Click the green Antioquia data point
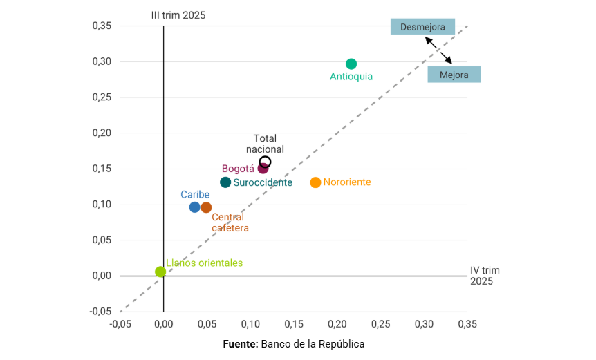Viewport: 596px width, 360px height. pyautogui.click(x=351, y=64)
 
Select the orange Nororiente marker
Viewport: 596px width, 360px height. pyautogui.click(x=316, y=182)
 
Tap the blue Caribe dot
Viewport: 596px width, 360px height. pyautogui.click(x=195, y=207)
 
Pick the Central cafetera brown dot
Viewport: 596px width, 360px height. pyautogui.click(x=206, y=207)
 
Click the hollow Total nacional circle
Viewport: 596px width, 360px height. pyautogui.click(x=265, y=162)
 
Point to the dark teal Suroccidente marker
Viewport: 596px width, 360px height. pyautogui.click(x=225, y=182)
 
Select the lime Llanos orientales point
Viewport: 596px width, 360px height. pyautogui.click(x=160, y=272)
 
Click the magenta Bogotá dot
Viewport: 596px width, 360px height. pyautogui.click(x=263, y=169)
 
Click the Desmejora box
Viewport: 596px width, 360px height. pyautogui.click(x=422, y=27)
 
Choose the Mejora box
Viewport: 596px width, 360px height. pyautogui.click(x=454, y=75)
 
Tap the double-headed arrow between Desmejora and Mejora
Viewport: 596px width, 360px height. pyautogui.click(x=438, y=50)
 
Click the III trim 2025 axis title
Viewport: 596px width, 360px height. pyautogui.click(x=178, y=15)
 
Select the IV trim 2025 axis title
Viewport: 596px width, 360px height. pyautogui.click(x=485, y=276)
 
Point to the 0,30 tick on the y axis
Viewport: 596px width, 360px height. pyautogui.click(x=102, y=61)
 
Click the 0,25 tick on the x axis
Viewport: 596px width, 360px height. pyautogui.click(x=380, y=323)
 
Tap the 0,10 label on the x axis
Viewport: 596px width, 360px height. pyautogui.click(x=250, y=323)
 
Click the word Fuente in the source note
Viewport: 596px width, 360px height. pyautogui.click(x=240, y=343)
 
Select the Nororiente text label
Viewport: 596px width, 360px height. pyautogui.click(x=347, y=182)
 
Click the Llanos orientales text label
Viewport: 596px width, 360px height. pyautogui.click(x=204, y=263)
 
